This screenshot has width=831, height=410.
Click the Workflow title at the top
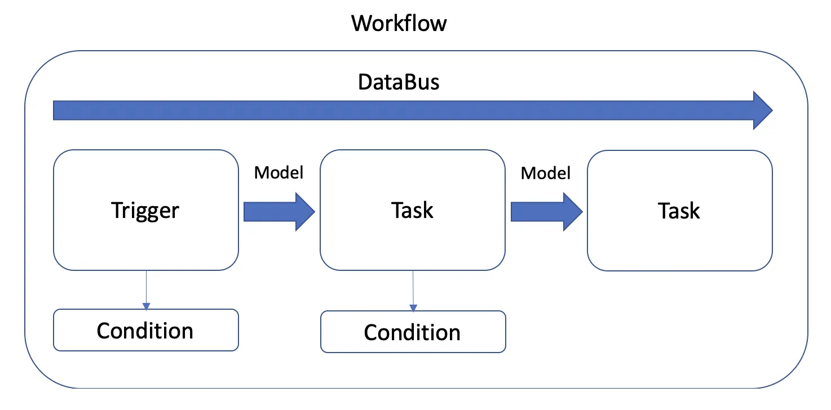tap(399, 24)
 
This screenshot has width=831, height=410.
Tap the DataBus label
tap(399, 83)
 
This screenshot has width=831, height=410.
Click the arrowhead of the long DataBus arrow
tap(762, 110)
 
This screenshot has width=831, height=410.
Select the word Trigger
tap(145, 211)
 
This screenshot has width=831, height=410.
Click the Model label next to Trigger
tap(279, 173)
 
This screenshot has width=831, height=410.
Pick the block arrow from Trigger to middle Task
tap(279, 212)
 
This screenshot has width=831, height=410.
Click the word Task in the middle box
tap(412, 211)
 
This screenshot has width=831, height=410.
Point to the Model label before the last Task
tap(545, 173)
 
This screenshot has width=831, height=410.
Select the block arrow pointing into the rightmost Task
tap(546, 212)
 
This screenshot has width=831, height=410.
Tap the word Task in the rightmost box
tap(679, 211)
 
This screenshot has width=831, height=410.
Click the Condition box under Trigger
tap(145, 330)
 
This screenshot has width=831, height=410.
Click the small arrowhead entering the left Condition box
tap(147, 306)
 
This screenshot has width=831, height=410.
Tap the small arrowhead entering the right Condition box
tap(413, 308)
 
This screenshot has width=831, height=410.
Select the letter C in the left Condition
tap(105, 331)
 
